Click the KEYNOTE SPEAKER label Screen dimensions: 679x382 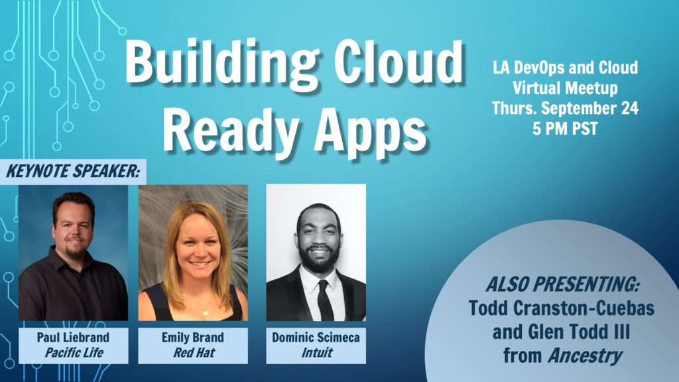click(x=73, y=171)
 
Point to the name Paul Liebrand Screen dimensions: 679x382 click(x=73, y=338)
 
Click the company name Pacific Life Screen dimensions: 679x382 click(x=74, y=353)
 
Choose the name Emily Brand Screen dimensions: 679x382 click(x=193, y=338)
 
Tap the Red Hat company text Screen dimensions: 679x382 click(x=194, y=353)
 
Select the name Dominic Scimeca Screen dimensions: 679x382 click(x=316, y=338)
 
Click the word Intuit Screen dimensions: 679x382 click(x=316, y=353)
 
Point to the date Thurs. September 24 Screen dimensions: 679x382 click(x=565, y=108)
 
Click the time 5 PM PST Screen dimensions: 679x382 click(x=565, y=129)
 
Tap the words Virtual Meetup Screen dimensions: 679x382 click(x=565, y=88)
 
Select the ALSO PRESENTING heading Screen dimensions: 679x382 click(x=562, y=285)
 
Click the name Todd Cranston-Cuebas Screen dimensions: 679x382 click(x=561, y=308)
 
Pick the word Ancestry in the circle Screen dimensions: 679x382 click(x=585, y=356)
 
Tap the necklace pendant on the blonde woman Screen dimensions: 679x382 click(x=206, y=312)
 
